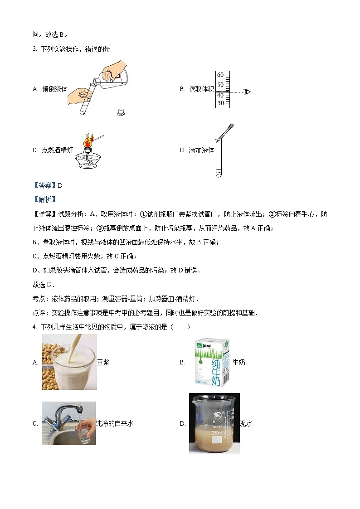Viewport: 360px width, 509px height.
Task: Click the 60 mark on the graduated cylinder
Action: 220,75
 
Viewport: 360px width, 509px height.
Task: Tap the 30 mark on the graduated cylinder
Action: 220,103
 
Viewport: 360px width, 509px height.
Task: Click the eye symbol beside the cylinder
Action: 247,92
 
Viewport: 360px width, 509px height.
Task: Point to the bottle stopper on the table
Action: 121,111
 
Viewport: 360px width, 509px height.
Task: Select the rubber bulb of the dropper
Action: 230,127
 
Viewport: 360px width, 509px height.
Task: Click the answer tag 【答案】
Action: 44,185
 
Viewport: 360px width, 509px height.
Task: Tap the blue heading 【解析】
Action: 44,199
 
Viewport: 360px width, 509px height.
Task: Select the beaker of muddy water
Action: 214,423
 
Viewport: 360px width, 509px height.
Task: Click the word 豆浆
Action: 103,363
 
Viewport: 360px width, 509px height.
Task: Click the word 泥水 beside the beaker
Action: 246,424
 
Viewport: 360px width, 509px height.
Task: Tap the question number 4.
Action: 34,326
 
